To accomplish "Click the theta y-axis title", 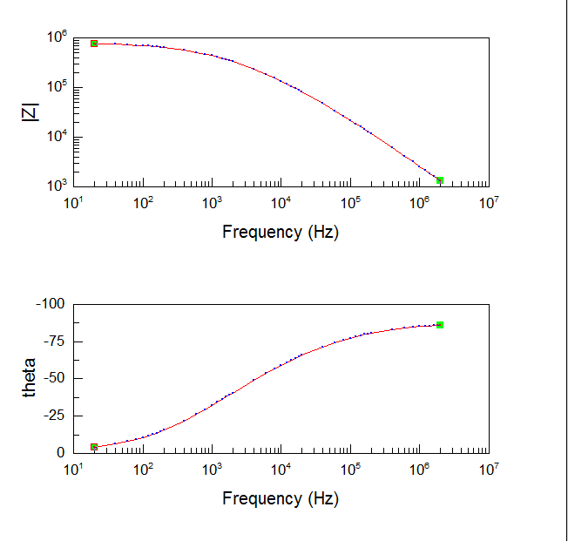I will click(x=30, y=378).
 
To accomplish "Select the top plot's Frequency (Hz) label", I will click(x=280, y=232).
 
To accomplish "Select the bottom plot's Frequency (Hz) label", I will click(x=280, y=498).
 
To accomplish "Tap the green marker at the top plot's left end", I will click(x=94, y=44).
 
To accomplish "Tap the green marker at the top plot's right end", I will click(x=440, y=180).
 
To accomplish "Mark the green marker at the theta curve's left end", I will click(x=94, y=447).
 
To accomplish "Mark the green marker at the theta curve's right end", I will click(x=440, y=325).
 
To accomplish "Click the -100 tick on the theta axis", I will click(x=51, y=304).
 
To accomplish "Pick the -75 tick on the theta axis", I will click(x=54, y=342).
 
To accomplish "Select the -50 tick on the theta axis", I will click(x=54, y=379).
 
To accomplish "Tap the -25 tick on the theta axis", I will click(x=54, y=416).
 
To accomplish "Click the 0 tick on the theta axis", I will click(x=61, y=453).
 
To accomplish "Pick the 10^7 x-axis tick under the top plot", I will click(x=489, y=202).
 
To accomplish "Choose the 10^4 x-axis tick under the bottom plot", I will click(x=281, y=469).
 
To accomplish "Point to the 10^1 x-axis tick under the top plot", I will click(x=74, y=202).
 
